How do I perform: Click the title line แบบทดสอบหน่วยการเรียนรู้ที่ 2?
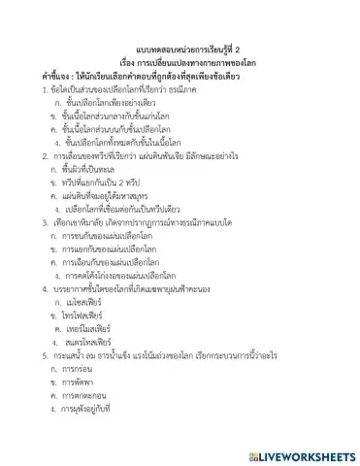pyautogui.click(x=180, y=45)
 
